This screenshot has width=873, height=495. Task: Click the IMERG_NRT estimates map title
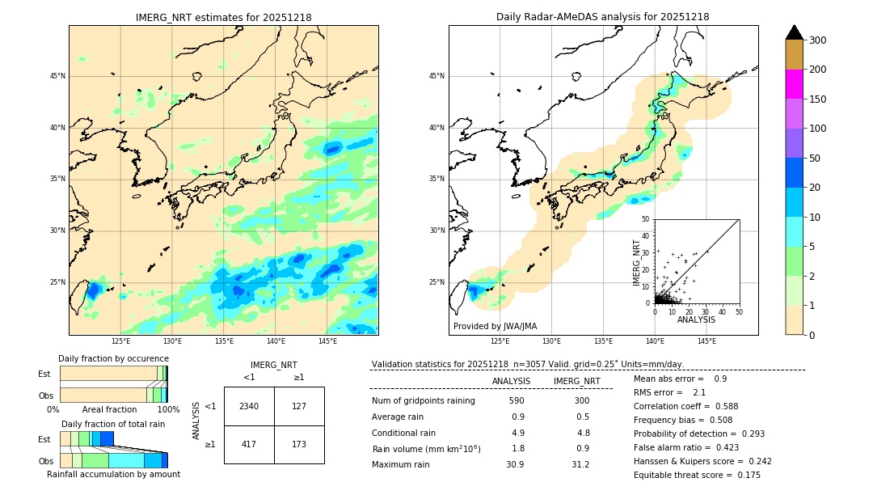223,17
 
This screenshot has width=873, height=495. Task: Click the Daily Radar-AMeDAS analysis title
603,17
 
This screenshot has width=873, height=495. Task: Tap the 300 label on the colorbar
818,40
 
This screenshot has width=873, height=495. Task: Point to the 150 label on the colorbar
818,99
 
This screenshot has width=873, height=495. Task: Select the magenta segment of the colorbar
794,84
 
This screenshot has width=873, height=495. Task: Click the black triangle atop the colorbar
794,32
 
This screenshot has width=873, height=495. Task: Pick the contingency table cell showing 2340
249,406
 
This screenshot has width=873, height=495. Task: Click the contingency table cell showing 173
299,444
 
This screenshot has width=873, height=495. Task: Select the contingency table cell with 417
249,444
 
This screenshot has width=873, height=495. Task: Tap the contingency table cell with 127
299,406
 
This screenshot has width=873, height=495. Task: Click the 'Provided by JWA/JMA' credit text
495,326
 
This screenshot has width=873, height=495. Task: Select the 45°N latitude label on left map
57,76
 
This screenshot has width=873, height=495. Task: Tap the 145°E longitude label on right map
706,342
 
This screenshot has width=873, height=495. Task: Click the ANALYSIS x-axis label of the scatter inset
696,319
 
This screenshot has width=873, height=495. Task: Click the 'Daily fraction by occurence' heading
113,358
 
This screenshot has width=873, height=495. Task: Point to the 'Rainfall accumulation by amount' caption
113,475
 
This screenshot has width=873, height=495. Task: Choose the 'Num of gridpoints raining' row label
423,400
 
